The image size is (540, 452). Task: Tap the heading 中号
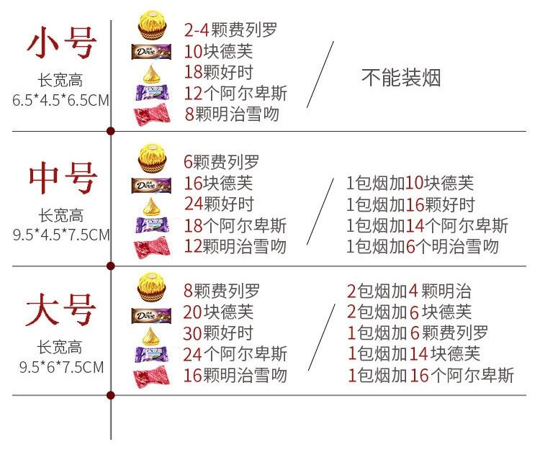click(61, 178)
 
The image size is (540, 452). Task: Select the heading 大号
click(61, 311)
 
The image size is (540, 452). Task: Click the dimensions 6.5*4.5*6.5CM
click(61, 100)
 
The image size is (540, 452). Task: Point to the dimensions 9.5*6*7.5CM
click(61, 367)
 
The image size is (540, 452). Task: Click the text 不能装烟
click(400, 78)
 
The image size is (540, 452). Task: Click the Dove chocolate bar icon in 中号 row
click(151, 185)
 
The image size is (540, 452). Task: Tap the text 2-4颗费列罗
click(230, 30)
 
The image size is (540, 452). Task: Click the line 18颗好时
click(219, 72)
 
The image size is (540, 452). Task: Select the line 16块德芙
click(219, 183)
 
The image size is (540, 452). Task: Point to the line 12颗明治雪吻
click(235, 246)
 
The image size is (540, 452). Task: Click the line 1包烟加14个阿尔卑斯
click(427, 225)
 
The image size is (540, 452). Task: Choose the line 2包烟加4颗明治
click(409, 291)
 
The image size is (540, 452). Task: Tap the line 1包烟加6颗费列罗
click(418, 333)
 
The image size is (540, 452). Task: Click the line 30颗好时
click(219, 333)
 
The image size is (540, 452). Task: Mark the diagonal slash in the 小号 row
click(320, 75)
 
